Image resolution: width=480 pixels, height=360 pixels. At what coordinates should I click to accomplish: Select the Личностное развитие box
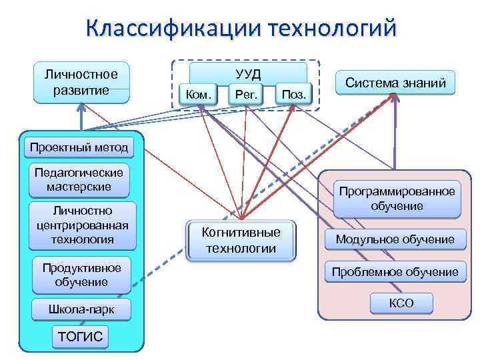pos(81,83)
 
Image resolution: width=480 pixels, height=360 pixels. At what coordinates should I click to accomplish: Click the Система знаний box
pos(395,83)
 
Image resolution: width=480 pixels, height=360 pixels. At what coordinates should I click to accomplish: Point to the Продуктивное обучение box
pos(81,275)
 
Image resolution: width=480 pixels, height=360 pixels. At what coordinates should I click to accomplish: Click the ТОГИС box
pos(81,337)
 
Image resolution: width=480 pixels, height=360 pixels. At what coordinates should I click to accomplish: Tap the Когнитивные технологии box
pos(241,240)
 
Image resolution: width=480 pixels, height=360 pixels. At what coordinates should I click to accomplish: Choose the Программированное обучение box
pos(397,199)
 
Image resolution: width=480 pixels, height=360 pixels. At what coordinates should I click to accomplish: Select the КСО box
pos(401,303)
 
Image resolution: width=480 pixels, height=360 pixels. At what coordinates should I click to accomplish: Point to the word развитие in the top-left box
pos(81,90)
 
